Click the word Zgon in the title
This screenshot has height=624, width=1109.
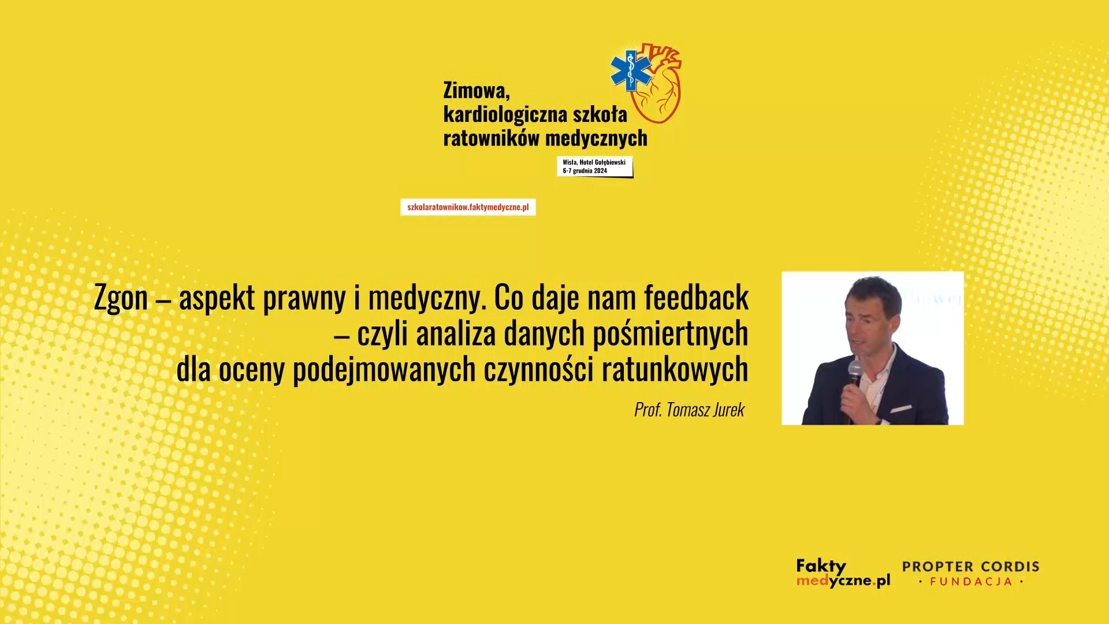[x=121, y=299]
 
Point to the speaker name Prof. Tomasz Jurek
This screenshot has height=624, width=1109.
[x=690, y=410]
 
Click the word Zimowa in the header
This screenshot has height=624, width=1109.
[x=477, y=90]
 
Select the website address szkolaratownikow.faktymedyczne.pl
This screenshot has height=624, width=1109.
[x=468, y=207]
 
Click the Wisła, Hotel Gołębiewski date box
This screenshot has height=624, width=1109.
[x=595, y=166]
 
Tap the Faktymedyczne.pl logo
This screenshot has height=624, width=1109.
[x=843, y=573]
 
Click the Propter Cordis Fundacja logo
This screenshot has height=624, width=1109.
[x=970, y=573]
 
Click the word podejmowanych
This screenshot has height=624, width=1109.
[x=384, y=370]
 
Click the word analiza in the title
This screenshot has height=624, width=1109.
[x=456, y=334]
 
